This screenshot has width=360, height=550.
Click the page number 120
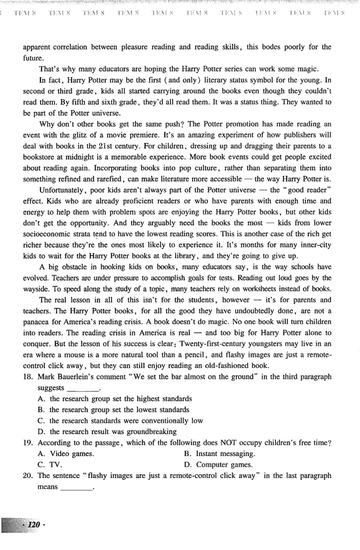tap(34, 525)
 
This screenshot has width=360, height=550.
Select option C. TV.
tap(50, 465)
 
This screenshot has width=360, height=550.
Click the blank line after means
tap(76, 487)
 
